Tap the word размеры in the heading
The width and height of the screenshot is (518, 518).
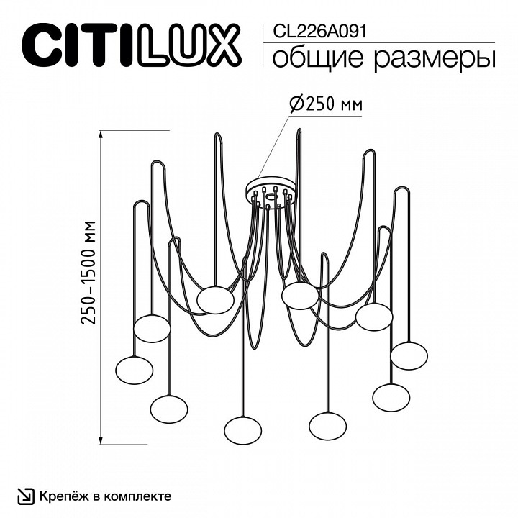427,59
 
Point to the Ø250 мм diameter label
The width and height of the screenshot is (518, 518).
325,104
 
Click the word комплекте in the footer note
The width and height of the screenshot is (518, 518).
141,496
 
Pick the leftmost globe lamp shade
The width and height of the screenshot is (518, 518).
134,370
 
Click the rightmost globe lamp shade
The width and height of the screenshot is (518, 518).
410,354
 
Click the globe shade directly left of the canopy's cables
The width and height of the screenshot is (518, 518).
216,299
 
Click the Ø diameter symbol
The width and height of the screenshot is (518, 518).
296,104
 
